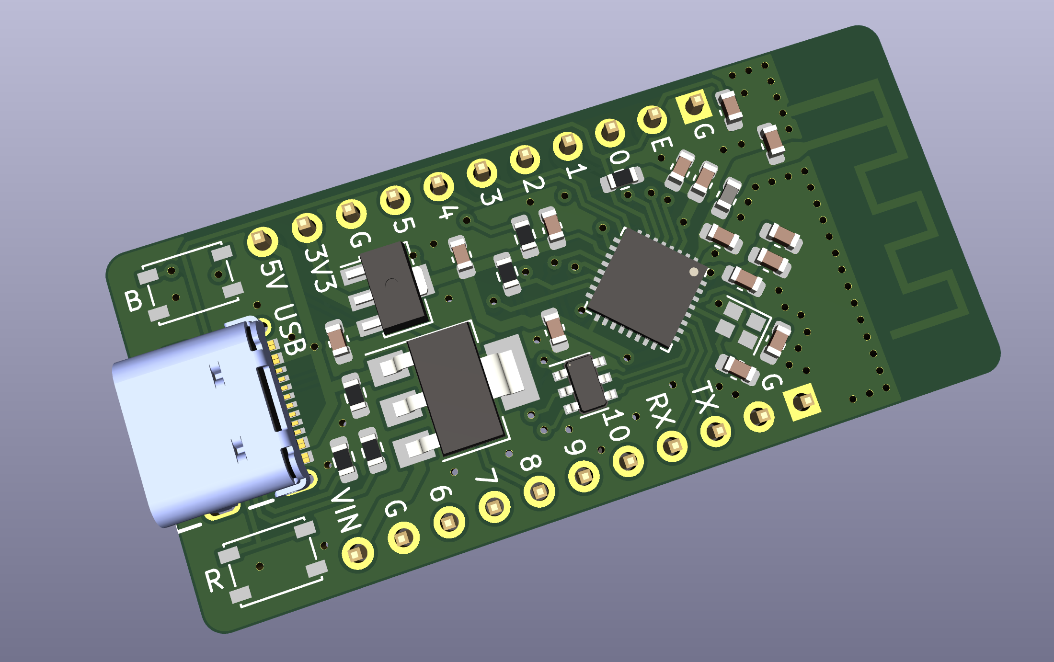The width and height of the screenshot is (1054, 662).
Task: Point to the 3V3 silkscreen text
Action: (320, 268)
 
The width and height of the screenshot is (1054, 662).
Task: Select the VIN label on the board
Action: (347, 510)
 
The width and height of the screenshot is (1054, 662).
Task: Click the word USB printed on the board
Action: (290, 330)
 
